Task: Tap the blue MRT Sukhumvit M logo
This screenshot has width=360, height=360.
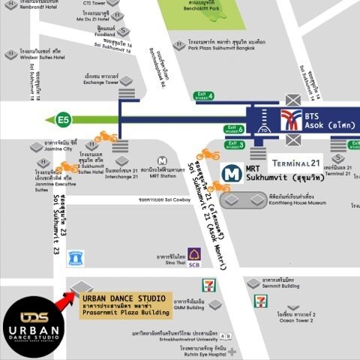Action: [235, 173]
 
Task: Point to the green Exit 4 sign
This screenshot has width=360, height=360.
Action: [204, 95]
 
